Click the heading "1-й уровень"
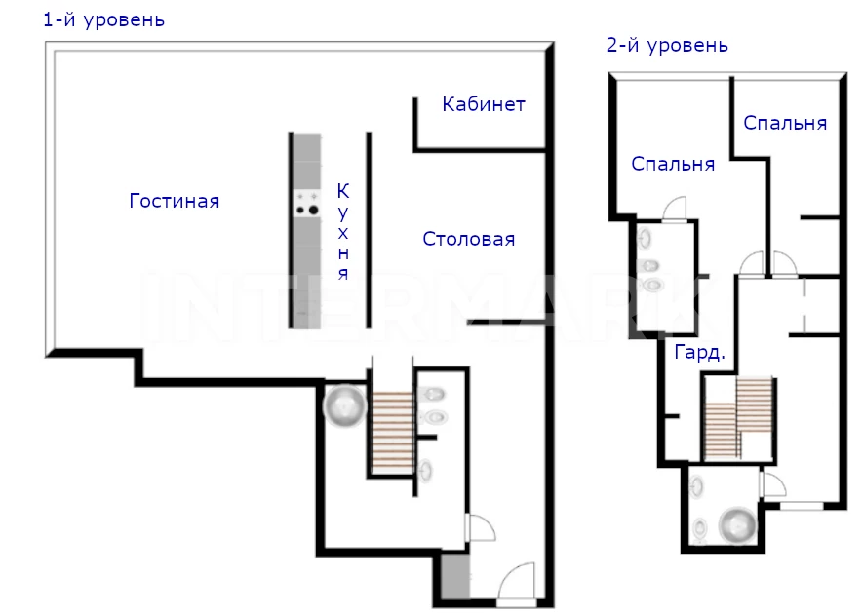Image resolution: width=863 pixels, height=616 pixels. [104, 20]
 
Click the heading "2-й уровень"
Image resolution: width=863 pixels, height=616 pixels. [667, 45]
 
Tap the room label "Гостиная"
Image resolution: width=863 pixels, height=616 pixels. [175, 201]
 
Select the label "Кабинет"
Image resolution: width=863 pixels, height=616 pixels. [484, 104]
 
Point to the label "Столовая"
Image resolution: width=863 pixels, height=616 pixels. [469, 239]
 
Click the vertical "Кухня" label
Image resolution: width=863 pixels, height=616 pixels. [343, 232]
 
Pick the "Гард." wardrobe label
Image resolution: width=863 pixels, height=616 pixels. [699, 352]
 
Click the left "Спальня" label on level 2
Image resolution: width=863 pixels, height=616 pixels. [673, 164]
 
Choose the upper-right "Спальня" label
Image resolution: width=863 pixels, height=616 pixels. [785, 123]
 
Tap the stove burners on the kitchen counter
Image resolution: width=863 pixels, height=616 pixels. [307, 203]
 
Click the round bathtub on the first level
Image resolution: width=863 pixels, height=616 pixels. [344, 407]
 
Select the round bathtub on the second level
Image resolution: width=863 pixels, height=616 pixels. [739, 525]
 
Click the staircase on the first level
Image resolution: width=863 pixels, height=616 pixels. [392, 433]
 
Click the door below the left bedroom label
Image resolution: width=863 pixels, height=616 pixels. [675, 210]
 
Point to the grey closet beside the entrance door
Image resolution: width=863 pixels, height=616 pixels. [455, 576]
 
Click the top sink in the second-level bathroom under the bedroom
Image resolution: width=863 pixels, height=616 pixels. [645, 239]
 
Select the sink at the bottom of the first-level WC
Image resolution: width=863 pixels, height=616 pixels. [425, 470]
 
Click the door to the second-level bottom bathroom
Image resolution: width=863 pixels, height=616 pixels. [772, 484]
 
